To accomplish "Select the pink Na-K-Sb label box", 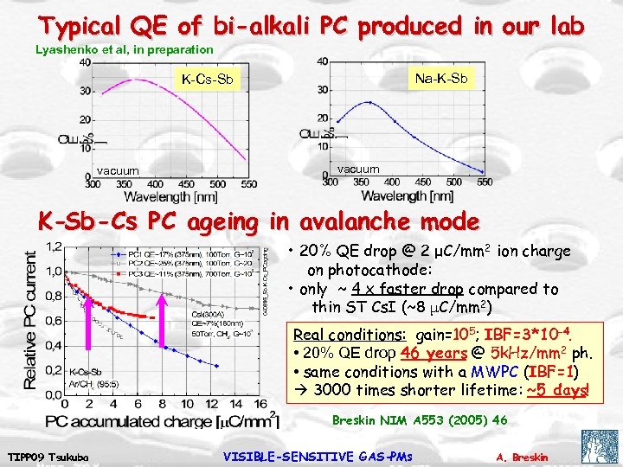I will click(440, 79).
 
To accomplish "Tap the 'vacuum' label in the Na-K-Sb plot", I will click(357, 169).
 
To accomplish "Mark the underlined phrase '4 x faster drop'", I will click(421, 289).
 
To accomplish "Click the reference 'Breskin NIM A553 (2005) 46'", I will click(420, 421).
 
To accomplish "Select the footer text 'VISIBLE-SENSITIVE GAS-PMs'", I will click(318, 456).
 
